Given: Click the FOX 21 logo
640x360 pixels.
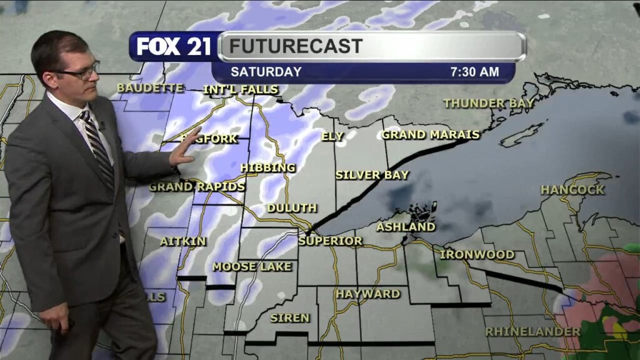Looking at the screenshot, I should point(174,46).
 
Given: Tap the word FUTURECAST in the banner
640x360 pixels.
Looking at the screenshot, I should point(296,46).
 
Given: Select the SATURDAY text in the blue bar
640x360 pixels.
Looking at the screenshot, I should point(266,72).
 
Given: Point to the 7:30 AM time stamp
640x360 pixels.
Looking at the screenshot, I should point(474,72).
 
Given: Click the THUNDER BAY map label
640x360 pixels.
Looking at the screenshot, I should point(489,103).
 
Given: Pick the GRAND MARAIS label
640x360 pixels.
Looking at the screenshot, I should point(431,134).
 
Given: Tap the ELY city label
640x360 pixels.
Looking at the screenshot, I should point(332,136).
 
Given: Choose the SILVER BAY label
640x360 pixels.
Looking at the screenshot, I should point(372,175).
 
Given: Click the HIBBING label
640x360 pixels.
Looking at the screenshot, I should point(267,167).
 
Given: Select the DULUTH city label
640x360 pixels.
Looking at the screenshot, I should point(292,207).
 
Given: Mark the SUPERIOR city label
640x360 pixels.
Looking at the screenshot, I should point(330,241).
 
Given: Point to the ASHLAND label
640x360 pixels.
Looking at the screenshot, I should point(406,227).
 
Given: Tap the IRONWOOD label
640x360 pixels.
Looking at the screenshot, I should point(477,254).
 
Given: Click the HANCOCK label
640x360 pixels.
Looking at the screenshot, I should point(572,189).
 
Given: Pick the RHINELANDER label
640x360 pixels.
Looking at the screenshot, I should point(532,331).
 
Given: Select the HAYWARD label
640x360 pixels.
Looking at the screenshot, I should point(367,293).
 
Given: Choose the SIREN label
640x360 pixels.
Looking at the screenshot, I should point(289,318).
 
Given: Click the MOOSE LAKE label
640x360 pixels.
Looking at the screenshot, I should point(252,266).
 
